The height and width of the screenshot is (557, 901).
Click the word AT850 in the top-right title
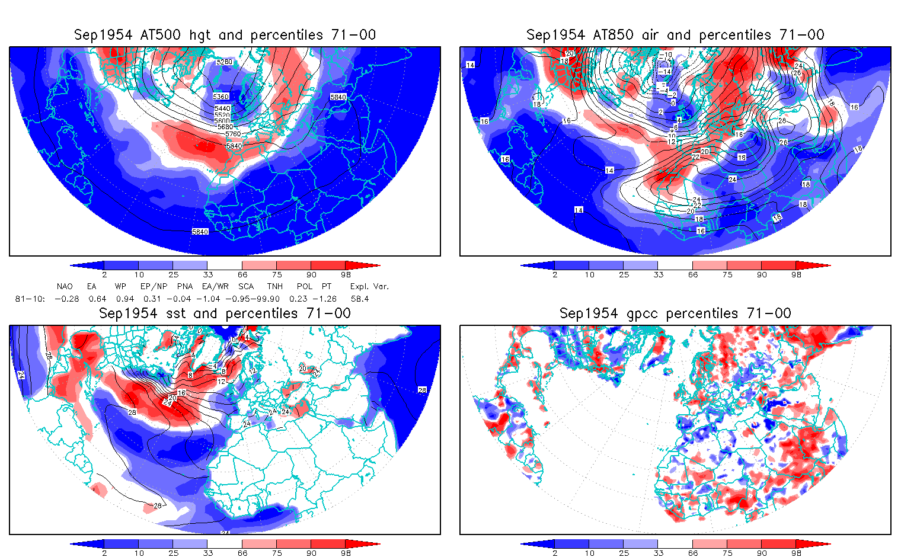pos(613,35)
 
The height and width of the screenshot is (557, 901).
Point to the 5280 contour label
pos(224,62)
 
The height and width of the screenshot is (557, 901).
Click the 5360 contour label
pos(221,97)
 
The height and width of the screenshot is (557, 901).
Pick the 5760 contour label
pos(233,134)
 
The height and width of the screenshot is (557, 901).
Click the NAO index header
pos(65,286)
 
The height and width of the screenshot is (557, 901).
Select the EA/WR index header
pos(215,286)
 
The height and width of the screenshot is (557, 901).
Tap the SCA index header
pos(245,286)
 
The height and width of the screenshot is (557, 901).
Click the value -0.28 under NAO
pos(66,299)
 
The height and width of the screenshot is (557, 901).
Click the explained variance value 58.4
pos(359,299)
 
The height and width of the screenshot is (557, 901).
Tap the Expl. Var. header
pos(369,286)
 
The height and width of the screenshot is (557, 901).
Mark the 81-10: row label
pos(30,299)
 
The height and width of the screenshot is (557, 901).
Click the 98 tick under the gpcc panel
pos(796,553)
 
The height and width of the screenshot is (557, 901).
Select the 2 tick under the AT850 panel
pos(555,274)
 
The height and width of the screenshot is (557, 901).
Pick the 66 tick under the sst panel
pos(242,553)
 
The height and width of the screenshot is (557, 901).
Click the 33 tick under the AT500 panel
pos(207,274)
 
